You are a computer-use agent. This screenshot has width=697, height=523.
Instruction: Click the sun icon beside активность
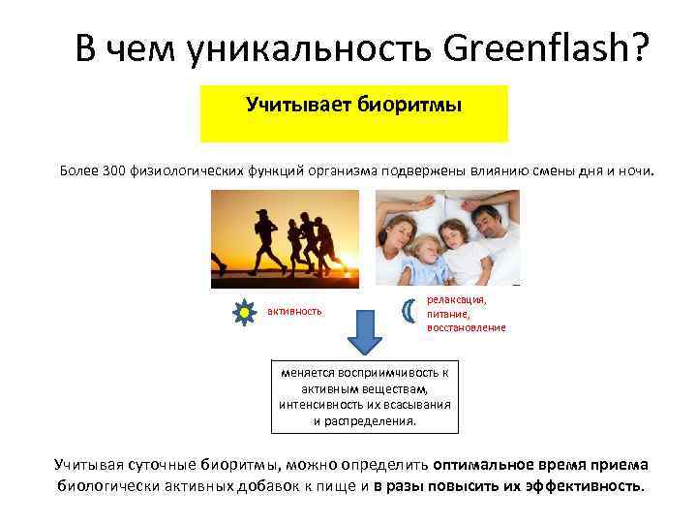coord(243,312)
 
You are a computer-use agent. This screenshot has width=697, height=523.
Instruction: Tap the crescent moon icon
coord(408,312)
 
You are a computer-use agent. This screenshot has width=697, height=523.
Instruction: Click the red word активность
coord(295,312)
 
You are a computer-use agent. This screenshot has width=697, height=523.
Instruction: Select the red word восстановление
coord(466,327)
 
